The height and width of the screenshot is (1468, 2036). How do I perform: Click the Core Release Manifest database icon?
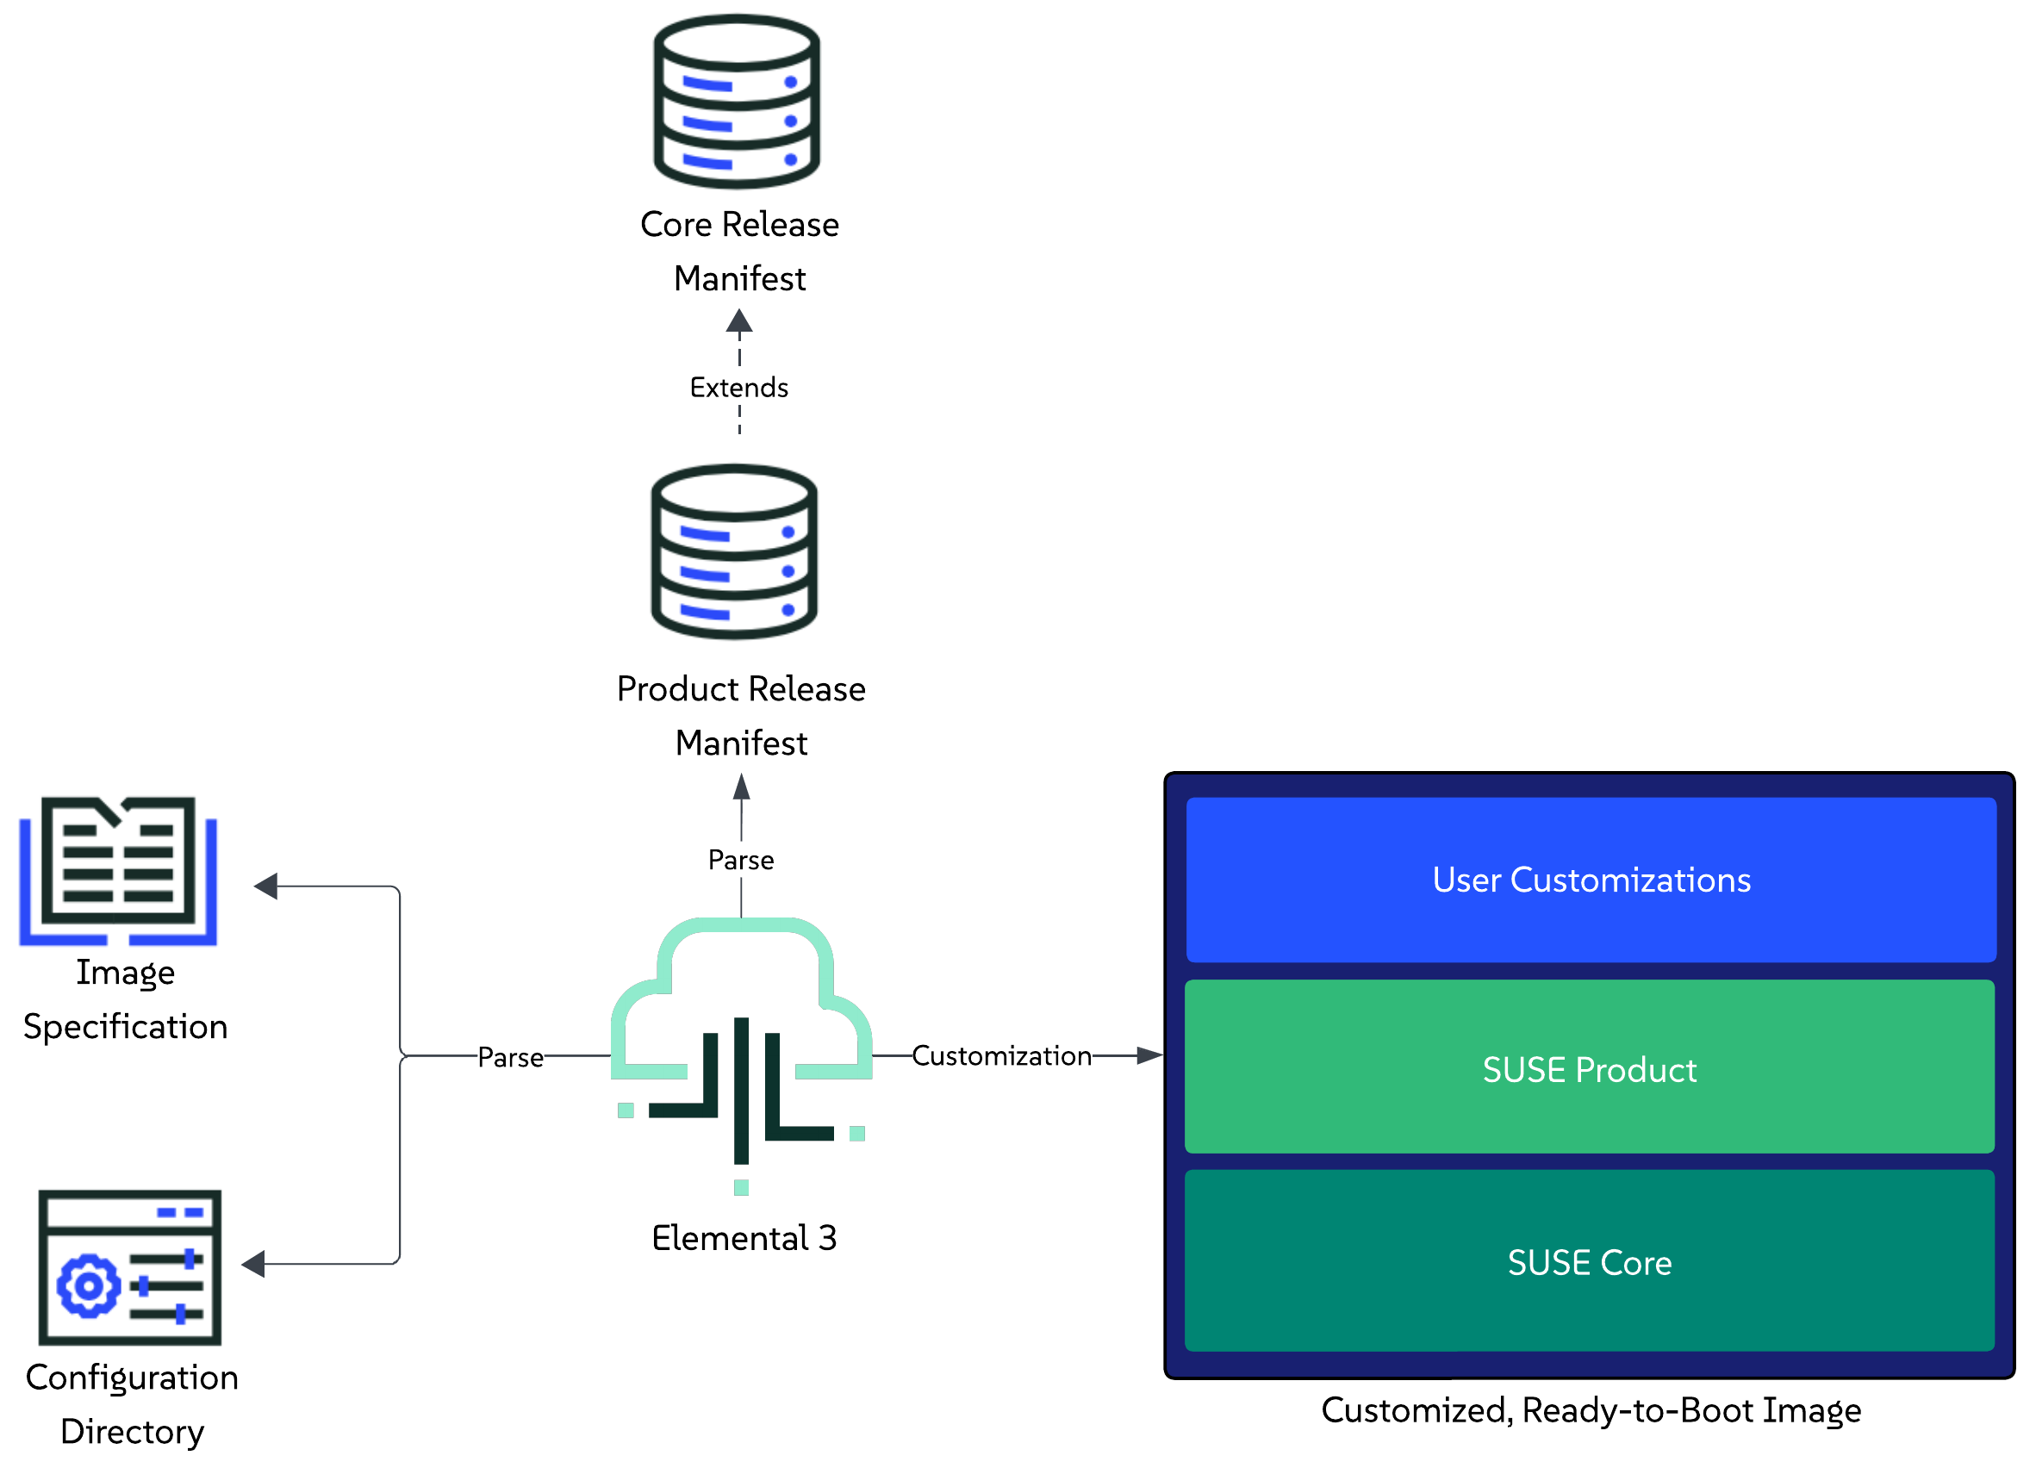tap(736, 102)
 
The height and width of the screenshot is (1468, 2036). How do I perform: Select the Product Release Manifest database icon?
tap(734, 552)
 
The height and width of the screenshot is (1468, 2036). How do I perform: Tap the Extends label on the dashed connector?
tap(738, 387)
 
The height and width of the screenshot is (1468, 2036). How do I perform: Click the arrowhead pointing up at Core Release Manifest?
tap(738, 321)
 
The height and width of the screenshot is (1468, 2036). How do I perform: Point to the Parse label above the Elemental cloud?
tap(741, 860)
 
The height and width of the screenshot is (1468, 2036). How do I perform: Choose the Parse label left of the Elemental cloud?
tap(510, 1057)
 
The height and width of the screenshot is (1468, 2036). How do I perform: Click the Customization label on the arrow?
tap(1001, 1056)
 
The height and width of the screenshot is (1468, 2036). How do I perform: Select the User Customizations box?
tap(1591, 880)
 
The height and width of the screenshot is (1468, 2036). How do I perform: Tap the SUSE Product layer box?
tap(1589, 1068)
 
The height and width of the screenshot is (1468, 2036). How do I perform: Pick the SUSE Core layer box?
tap(1589, 1261)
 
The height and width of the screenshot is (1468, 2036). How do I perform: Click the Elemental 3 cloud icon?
tap(742, 1050)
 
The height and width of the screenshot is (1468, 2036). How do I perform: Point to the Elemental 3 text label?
tap(744, 1238)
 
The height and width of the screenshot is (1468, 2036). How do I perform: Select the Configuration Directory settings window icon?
tap(130, 1267)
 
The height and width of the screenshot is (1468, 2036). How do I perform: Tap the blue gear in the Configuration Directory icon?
tap(88, 1285)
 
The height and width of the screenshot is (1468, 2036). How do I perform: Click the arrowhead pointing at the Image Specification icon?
tap(265, 886)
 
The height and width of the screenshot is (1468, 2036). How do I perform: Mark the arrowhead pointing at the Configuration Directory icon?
tap(253, 1263)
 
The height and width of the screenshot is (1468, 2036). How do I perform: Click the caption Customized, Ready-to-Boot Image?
tap(1591, 1409)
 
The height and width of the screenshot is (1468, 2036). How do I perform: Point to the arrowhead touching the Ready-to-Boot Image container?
tap(1149, 1055)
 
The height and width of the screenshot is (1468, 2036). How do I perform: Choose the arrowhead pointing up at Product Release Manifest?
tap(742, 787)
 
